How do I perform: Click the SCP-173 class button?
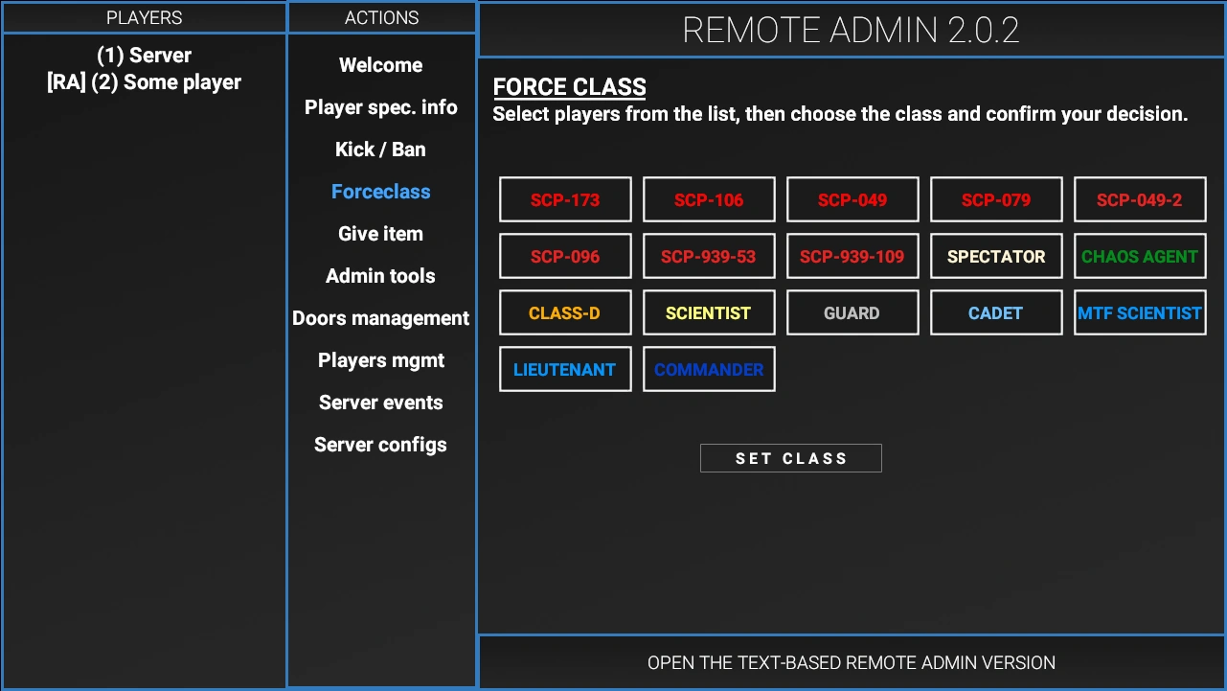click(x=565, y=199)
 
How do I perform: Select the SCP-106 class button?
click(x=709, y=199)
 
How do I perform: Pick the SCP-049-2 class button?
click(x=1139, y=199)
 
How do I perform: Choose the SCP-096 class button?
click(x=565, y=256)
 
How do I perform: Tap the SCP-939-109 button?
click(x=852, y=256)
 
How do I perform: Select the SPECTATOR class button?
click(x=996, y=256)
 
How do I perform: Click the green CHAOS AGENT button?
click(x=1139, y=256)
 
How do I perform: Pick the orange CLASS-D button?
click(x=565, y=312)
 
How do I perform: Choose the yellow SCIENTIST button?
click(x=709, y=312)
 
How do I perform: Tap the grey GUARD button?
click(x=852, y=312)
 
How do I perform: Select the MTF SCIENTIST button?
click(x=1139, y=312)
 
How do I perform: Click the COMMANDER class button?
click(x=709, y=369)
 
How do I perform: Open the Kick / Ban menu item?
click(x=380, y=150)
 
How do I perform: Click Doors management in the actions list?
click(x=380, y=318)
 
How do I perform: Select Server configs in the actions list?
click(x=380, y=445)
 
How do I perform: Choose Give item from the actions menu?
click(x=380, y=234)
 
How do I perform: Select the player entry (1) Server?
click(x=144, y=56)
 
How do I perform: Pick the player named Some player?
click(x=144, y=82)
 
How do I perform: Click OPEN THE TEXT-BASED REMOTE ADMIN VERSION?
click(x=852, y=662)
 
